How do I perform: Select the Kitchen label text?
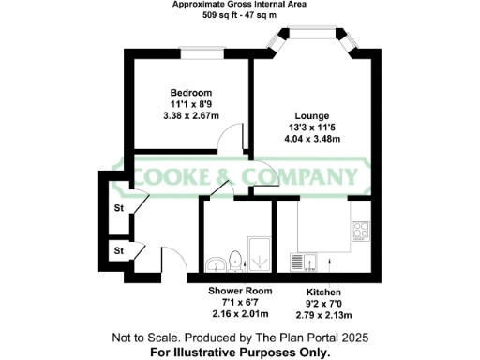click(324, 292)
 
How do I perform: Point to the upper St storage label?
click(119, 208)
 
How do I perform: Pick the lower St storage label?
click(119, 250)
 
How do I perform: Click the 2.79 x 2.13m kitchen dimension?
click(324, 314)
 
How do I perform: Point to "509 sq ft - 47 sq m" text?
click(240, 16)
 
